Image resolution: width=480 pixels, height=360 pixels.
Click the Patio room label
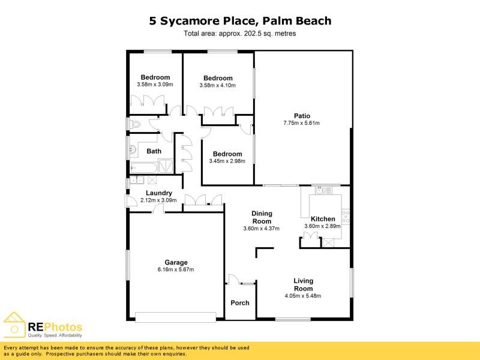point(302,116)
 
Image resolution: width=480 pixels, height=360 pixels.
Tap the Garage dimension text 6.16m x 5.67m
point(176,269)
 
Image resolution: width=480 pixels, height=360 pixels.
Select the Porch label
point(240,302)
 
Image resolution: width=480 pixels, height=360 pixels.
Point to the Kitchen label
point(323,218)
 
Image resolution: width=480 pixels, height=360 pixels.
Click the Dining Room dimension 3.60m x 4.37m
point(262,228)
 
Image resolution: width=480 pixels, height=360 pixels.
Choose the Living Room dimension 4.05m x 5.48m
point(303,296)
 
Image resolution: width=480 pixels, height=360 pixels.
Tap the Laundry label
point(159,193)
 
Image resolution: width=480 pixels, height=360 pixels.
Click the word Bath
point(154,151)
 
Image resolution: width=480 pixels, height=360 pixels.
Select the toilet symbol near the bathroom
point(134,125)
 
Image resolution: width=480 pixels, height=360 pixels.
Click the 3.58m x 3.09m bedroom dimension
point(155,85)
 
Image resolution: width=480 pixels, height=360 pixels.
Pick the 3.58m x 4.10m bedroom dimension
point(217,86)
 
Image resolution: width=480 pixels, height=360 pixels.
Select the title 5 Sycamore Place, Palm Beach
point(240,21)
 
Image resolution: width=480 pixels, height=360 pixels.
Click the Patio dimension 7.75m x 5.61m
point(302,124)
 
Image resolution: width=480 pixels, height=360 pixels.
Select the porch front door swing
point(234,280)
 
